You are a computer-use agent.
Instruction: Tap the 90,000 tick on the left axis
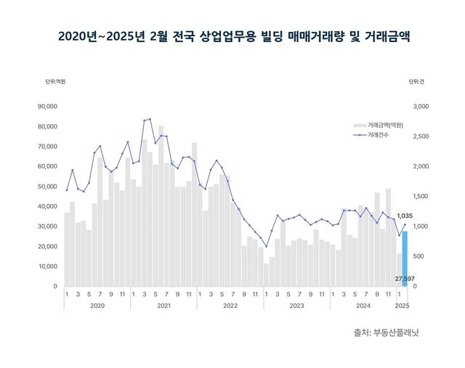point(46,107)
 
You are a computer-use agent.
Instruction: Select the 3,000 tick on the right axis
point(422,107)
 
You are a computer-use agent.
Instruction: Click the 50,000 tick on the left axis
point(46,187)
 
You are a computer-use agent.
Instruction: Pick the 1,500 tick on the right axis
point(422,197)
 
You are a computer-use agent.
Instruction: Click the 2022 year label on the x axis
point(230,306)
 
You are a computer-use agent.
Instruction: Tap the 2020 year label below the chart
point(97,306)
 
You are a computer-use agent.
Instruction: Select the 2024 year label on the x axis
point(363,306)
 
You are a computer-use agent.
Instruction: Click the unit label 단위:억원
point(55,81)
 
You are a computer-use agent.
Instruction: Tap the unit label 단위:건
point(416,81)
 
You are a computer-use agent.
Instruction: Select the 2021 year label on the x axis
point(163,306)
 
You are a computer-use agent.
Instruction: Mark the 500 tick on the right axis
point(420,256)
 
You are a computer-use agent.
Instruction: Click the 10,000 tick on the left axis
point(46,266)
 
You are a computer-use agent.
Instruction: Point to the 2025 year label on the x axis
point(402,306)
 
